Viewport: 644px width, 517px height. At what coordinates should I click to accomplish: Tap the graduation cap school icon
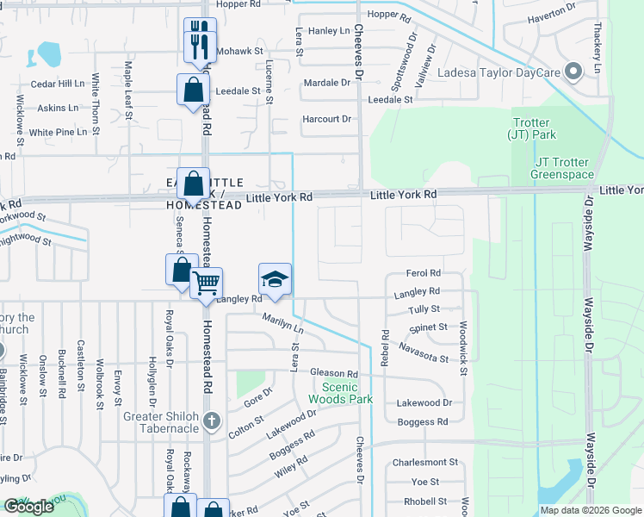(x=275, y=280)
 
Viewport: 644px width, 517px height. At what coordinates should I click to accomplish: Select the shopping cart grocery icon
(x=206, y=283)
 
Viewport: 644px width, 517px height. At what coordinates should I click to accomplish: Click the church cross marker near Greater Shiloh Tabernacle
(x=213, y=421)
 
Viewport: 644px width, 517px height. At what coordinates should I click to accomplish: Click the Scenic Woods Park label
(x=341, y=393)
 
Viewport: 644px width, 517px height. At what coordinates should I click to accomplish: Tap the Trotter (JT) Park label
(x=534, y=128)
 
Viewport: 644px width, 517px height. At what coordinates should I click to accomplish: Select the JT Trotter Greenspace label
(x=563, y=168)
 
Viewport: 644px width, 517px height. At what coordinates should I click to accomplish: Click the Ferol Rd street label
(x=423, y=273)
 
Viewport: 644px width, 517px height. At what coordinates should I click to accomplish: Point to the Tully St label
(x=424, y=308)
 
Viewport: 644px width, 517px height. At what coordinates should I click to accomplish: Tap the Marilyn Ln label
(x=283, y=324)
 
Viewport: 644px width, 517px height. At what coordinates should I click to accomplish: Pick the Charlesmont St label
(x=423, y=463)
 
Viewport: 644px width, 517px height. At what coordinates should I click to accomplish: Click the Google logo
(x=29, y=507)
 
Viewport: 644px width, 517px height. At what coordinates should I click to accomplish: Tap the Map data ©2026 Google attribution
(x=590, y=510)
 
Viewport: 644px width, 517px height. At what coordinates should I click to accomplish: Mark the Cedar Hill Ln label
(x=58, y=84)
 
